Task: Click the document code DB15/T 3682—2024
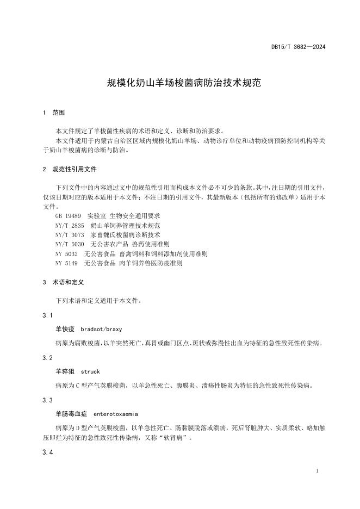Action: tap(298, 47)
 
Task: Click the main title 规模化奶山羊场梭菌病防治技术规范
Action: tap(184, 83)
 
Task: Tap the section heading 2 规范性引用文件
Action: tap(70, 170)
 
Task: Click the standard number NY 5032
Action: tap(67, 254)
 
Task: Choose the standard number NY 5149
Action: tap(67, 263)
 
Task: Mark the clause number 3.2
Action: tap(47, 358)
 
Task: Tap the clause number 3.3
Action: tap(47, 400)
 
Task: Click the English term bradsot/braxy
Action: tap(101, 330)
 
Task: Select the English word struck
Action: tap(90, 372)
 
